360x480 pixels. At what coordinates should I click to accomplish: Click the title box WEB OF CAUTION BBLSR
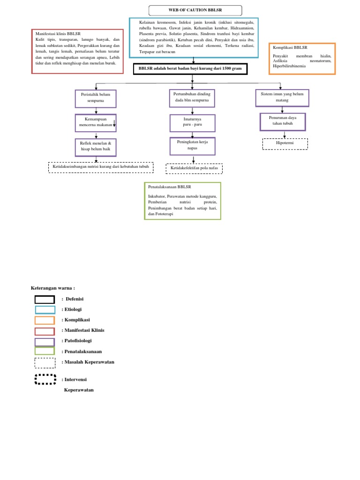(x=195, y=10)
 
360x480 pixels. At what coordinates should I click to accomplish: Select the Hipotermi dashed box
(x=285, y=143)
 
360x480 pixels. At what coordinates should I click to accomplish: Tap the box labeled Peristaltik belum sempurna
(x=96, y=98)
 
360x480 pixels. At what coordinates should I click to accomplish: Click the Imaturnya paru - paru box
(x=192, y=123)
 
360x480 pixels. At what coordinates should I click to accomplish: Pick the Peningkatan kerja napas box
(x=192, y=145)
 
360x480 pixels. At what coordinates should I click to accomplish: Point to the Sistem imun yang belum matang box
(x=282, y=97)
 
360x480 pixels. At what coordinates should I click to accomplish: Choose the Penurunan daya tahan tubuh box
(x=283, y=121)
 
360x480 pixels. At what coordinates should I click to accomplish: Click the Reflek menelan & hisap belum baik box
(x=96, y=147)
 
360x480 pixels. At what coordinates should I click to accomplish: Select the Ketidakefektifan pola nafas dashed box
(x=194, y=168)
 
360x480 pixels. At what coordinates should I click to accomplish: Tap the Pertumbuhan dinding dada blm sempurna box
(x=192, y=98)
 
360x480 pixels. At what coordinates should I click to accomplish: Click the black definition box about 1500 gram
(x=190, y=69)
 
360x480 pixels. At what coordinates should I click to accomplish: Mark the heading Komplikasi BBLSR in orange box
(x=289, y=48)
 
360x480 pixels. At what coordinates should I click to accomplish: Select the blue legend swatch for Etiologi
(x=45, y=309)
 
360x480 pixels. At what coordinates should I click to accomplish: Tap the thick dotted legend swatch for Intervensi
(x=45, y=379)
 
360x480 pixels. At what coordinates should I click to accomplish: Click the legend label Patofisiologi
(x=78, y=341)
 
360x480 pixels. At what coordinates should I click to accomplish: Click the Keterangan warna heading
(x=52, y=288)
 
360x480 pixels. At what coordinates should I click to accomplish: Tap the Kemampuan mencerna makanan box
(x=96, y=123)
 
